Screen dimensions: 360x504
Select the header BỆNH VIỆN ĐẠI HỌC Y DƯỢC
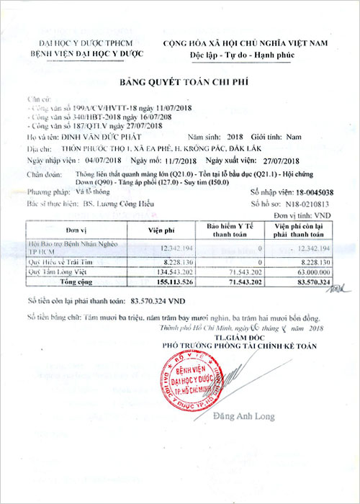91,55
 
